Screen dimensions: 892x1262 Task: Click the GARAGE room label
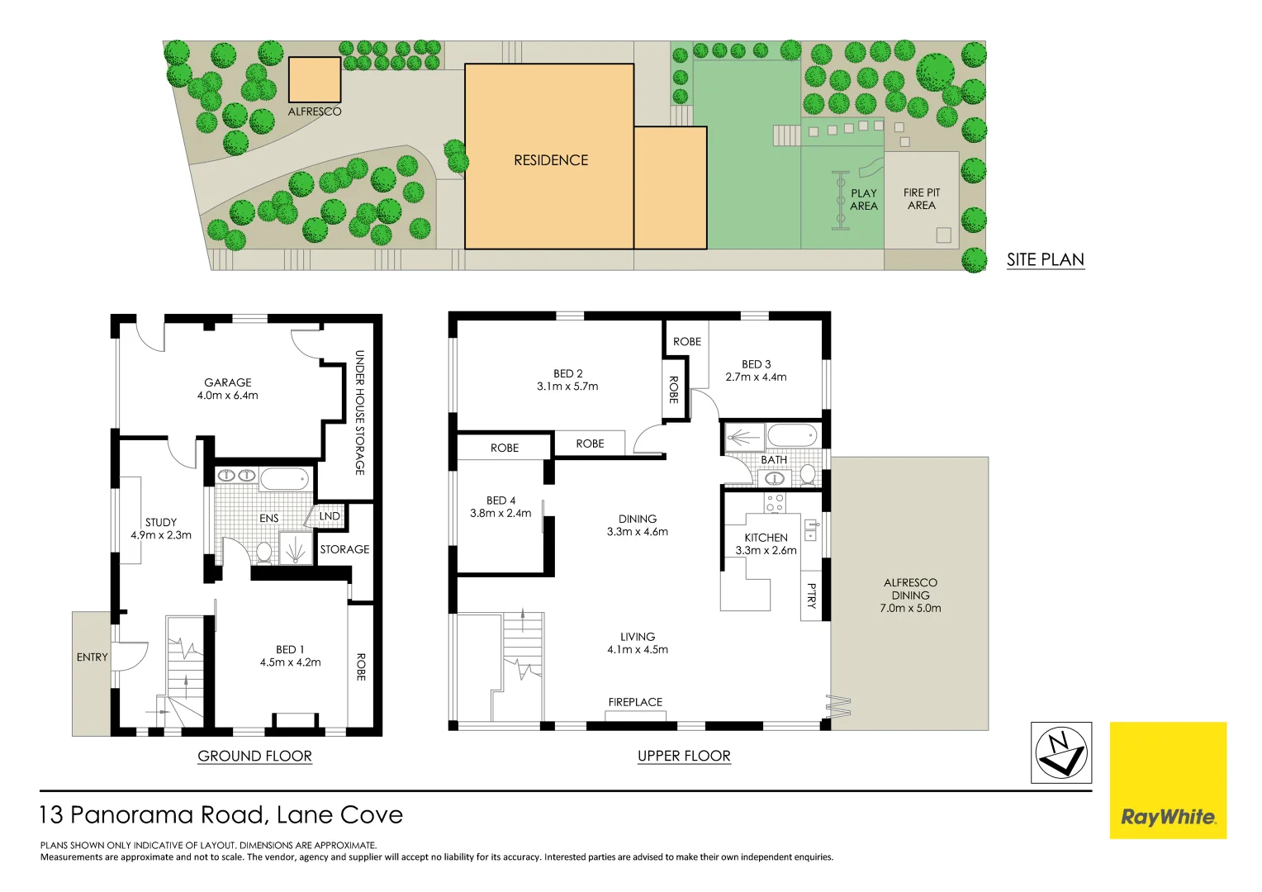[x=227, y=389]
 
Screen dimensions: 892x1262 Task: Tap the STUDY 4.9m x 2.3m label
[x=161, y=529]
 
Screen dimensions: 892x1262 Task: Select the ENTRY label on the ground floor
[x=92, y=657]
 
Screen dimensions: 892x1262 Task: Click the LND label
[x=330, y=516]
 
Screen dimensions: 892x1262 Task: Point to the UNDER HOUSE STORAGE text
[x=360, y=412]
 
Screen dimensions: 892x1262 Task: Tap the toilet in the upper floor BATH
[x=808, y=474]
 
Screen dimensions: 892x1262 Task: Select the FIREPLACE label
[x=635, y=702]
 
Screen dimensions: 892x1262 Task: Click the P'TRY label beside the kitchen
[x=811, y=595]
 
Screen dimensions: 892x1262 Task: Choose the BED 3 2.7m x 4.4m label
[x=756, y=370]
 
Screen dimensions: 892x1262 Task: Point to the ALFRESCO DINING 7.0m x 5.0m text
[x=910, y=595]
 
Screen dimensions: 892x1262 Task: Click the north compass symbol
[x=1061, y=752]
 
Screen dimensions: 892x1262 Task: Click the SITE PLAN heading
[x=1045, y=259]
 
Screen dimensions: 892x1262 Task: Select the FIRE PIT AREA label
[x=922, y=199]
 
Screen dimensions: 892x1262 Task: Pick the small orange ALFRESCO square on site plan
[x=314, y=80]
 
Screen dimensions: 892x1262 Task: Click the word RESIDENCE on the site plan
[x=551, y=160]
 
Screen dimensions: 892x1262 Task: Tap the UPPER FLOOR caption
[x=684, y=756]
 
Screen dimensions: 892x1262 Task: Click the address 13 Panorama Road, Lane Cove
[x=221, y=815]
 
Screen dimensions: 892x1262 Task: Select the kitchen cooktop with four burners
[x=775, y=503]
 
